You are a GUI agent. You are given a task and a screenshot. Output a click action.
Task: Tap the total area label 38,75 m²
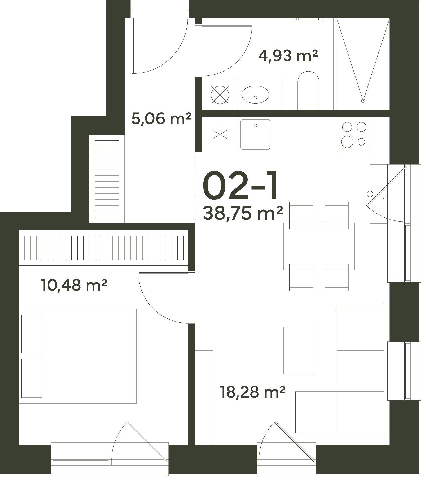pyautogui.click(x=243, y=213)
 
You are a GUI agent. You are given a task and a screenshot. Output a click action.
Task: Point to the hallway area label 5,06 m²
pyautogui.click(x=161, y=119)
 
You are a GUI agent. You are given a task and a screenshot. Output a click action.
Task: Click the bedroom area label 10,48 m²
pyautogui.click(x=74, y=285)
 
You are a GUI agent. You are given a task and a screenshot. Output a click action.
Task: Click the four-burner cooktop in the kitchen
pyautogui.click(x=354, y=134)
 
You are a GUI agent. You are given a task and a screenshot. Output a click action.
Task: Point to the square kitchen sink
pyautogui.click(x=255, y=134)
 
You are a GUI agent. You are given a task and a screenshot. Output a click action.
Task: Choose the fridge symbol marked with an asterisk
pyautogui.click(x=220, y=134)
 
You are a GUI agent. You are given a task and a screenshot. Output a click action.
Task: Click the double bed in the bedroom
pyautogui.click(x=78, y=356)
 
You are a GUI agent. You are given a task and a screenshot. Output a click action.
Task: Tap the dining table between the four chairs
pyautogui.click(x=319, y=246)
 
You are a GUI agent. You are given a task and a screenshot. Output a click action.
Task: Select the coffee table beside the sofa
pyautogui.click(x=298, y=350)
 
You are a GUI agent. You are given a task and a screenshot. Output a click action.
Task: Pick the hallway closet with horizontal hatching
pyautogui.click(x=107, y=179)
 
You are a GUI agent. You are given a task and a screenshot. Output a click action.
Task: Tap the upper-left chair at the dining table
pyautogui.click(x=301, y=215)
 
